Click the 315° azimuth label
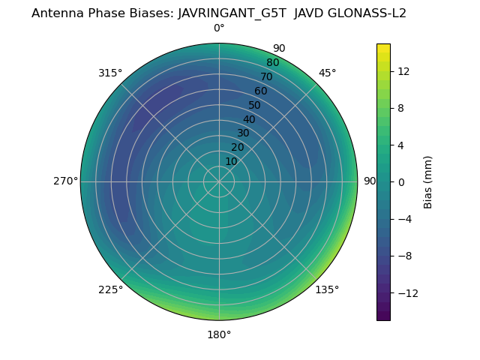pyautogui.click(x=110, y=73)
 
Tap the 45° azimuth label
pyautogui.click(x=327, y=73)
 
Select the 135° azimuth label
pyautogui.click(x=327, y=289)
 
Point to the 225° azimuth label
pyautogui.click(x=110, y=289)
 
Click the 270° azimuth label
pyautogui.click(x=65, y=181)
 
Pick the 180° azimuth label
pyautogui.click(x=219, y=334)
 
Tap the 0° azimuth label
pyautogui.click(x=219, y=28)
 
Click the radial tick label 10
pyautogui.click(x=231, y=161)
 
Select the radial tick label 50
pyautogui.click(x=255, y=105)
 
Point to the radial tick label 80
pyautogui.click(x=272, y=62)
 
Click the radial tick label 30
pyautogui.click(x=243, y=133)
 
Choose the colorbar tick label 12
pyautogui.click(x=403, y=71)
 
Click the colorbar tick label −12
pyautogui.click(x=406, y=292)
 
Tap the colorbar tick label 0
pyautogui.click(x=401, y=181)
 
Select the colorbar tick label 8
pyautogui.click(x=401, y=108)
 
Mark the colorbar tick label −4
pyautogui.click(x=405, y=219)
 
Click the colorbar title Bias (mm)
pyautogui.click(x=428, y=181)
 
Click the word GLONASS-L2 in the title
pyautogui.click(x=366, y=13)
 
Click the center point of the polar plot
pyautogui.click(x=219, y=181)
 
